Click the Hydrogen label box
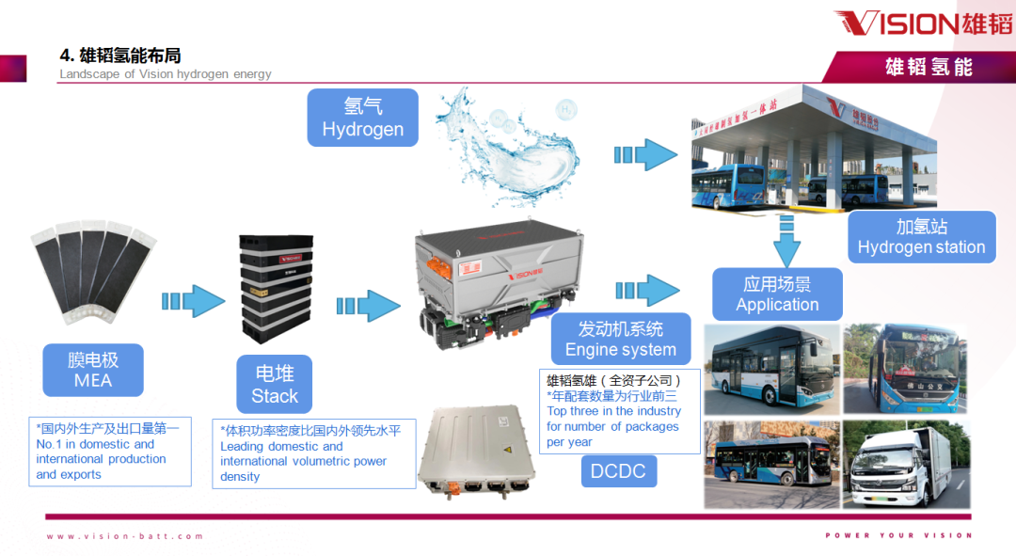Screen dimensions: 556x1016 pos(362,118)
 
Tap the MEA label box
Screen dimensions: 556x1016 pos(92,370)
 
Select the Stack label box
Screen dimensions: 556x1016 pos(274,385)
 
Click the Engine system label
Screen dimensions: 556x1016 pos(620,340)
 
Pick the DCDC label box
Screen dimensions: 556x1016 pos(618,470)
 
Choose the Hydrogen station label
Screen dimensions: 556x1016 pos(921,236)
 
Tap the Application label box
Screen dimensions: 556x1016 pos(777,294)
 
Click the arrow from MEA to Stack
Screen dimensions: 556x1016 pos(193,301)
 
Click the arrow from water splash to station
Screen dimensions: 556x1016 pos(645,154)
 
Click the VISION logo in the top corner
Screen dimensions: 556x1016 pos(922,24)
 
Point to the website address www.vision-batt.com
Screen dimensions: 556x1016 pos(125,536)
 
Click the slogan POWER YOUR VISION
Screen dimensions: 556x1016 pos(898,536)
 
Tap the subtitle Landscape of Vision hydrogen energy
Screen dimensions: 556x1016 pos(166,74)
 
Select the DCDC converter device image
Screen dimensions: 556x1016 pos(476,451)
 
